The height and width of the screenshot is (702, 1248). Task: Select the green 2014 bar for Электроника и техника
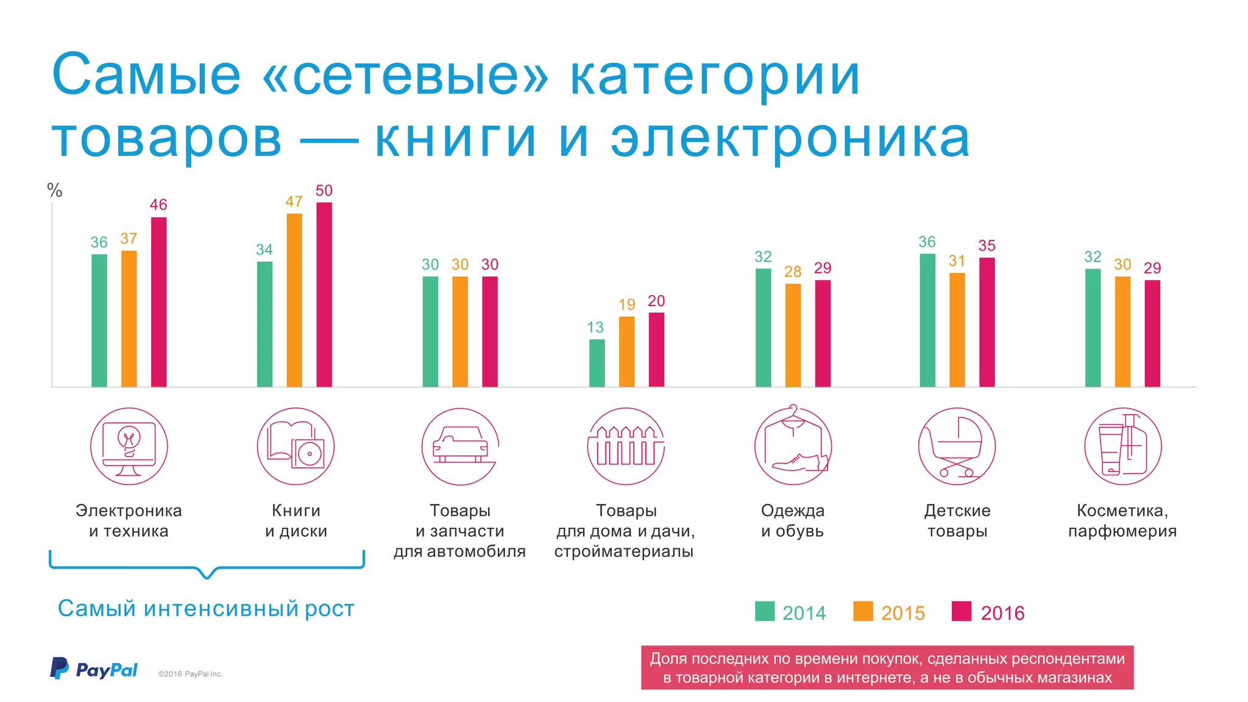[99, 321]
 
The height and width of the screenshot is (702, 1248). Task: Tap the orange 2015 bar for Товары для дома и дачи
[626, 352]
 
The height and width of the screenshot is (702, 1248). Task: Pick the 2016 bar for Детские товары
[987, 322]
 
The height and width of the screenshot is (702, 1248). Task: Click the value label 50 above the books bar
[324, 191]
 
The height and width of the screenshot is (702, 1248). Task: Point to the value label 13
[595, 328]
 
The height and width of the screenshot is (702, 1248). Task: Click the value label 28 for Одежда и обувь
[792, 272]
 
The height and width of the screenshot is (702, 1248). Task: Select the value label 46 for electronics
[158, 205]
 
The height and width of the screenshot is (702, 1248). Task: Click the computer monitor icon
[129, 447]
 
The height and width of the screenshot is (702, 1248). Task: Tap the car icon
[461, 447]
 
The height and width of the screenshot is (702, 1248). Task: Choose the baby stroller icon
[957, 447]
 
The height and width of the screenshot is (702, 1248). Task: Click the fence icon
[626, 447]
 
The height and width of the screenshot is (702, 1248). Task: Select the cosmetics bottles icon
[1123, 447]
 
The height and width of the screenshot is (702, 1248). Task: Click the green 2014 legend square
[765, 611]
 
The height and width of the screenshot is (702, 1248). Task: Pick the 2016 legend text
[1002, 613]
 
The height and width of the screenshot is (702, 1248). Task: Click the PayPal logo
[94, 669]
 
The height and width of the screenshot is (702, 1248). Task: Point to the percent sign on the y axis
[55, 191]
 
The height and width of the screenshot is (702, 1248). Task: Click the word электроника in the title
[790, 139]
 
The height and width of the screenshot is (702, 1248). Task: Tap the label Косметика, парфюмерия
[1122, 520]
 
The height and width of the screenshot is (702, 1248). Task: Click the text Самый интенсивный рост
[206, 609]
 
